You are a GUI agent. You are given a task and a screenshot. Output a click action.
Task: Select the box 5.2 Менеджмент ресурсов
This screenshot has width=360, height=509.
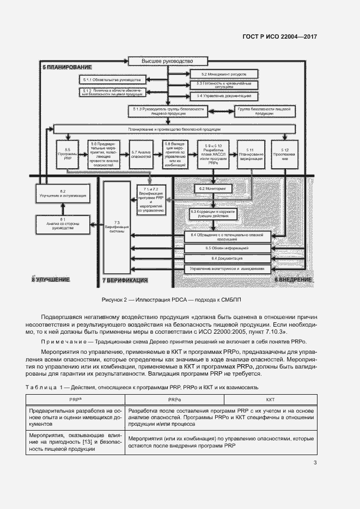(224, 73)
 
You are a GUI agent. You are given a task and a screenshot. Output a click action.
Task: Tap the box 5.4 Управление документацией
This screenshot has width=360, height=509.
(224, 96)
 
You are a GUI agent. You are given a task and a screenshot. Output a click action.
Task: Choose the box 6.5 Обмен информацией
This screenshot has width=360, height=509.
(227, 248)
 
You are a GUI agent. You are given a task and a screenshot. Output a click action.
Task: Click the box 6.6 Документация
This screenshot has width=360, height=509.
(227, 258)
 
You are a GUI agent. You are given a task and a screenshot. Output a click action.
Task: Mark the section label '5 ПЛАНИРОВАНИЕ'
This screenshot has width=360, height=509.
(67, 67)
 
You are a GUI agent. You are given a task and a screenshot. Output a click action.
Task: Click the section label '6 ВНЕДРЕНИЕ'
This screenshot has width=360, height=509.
(292, 279)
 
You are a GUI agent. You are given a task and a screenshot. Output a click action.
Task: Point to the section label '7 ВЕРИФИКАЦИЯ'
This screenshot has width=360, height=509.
(125, 280)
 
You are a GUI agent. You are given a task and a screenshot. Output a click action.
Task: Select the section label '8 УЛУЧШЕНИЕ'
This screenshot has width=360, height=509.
(51, 279)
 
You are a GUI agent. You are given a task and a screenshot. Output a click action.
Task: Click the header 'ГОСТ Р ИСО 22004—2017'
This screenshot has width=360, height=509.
(279, 37)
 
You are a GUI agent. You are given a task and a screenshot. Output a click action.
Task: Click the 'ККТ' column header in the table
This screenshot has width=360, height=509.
(271, 400)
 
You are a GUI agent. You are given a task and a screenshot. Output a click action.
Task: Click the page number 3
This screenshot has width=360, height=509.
(315, 463)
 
